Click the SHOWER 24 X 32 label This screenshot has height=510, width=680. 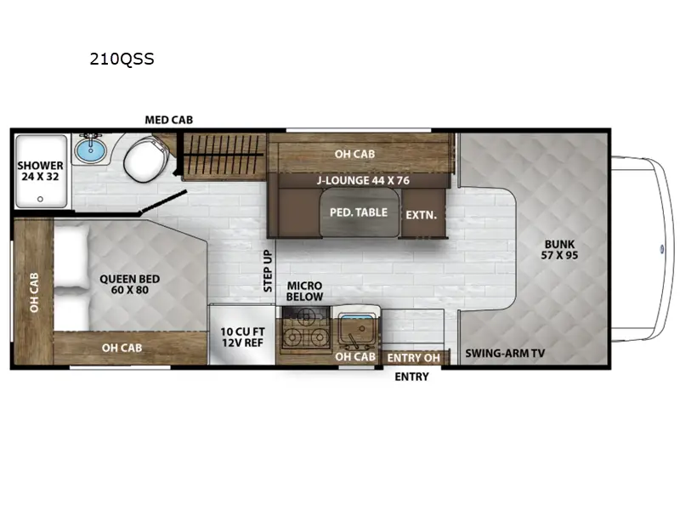click(41, 172)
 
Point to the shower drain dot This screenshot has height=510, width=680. click(39, 200)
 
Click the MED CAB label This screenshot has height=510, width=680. click(168, 120)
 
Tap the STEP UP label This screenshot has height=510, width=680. click(267, 270)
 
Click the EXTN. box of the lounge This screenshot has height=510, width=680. click(421, 215)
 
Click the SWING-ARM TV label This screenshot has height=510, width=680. click(506, 353)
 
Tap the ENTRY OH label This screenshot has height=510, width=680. click(413, 358)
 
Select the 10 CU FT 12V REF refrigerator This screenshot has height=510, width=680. click(242, 336)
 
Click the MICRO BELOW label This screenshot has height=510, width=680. click(303, 292)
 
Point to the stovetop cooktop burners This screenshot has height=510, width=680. click(304, 331)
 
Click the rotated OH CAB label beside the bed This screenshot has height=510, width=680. click(34, 292)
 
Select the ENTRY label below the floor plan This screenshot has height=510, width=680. click(411, 377)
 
